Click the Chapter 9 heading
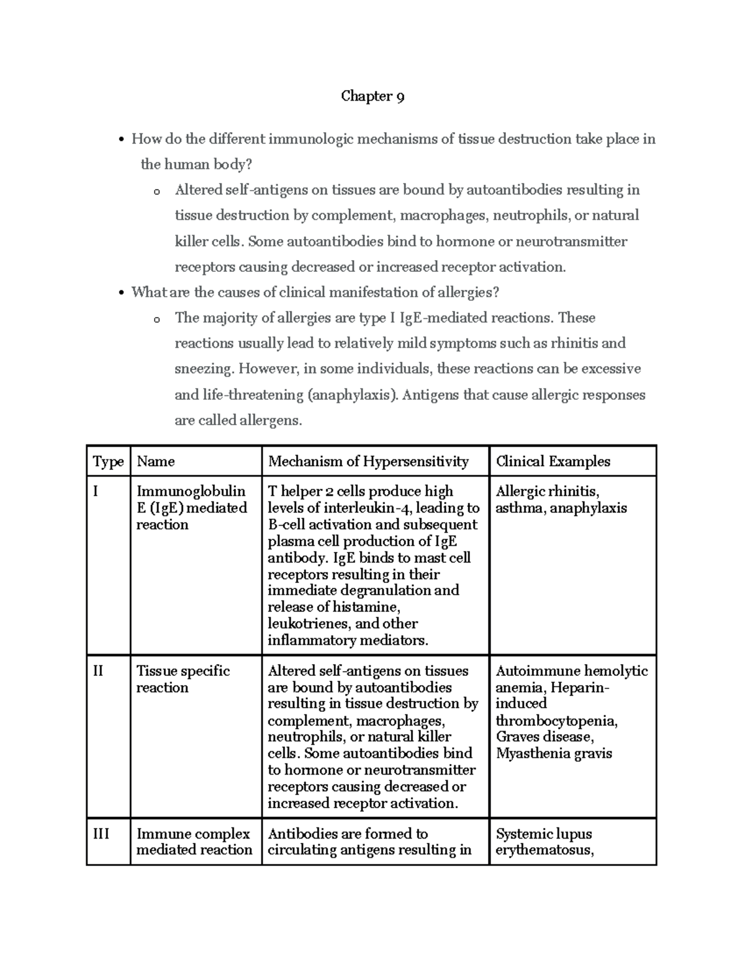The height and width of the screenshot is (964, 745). point(372,97)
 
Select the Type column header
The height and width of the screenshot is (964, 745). point(108,462)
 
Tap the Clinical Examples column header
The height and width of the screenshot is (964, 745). point(553,462)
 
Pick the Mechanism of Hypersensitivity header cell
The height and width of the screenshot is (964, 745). point(368,462)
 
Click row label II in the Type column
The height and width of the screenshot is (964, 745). point(98,671)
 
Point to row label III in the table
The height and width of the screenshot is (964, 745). point(101,834)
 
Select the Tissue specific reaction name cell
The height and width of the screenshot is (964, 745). point(183,679)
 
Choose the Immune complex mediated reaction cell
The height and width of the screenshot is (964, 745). point(194,842)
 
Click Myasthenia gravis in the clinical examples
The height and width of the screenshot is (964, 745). point(554,754)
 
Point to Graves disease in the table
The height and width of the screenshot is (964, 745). point(544,737)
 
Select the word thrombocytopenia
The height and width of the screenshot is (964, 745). point(556,721)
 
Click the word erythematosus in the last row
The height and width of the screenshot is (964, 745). point(544,850)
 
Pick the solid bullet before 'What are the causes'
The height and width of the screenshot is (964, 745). point(122,293)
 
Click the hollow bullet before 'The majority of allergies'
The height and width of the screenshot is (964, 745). point(156,319)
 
